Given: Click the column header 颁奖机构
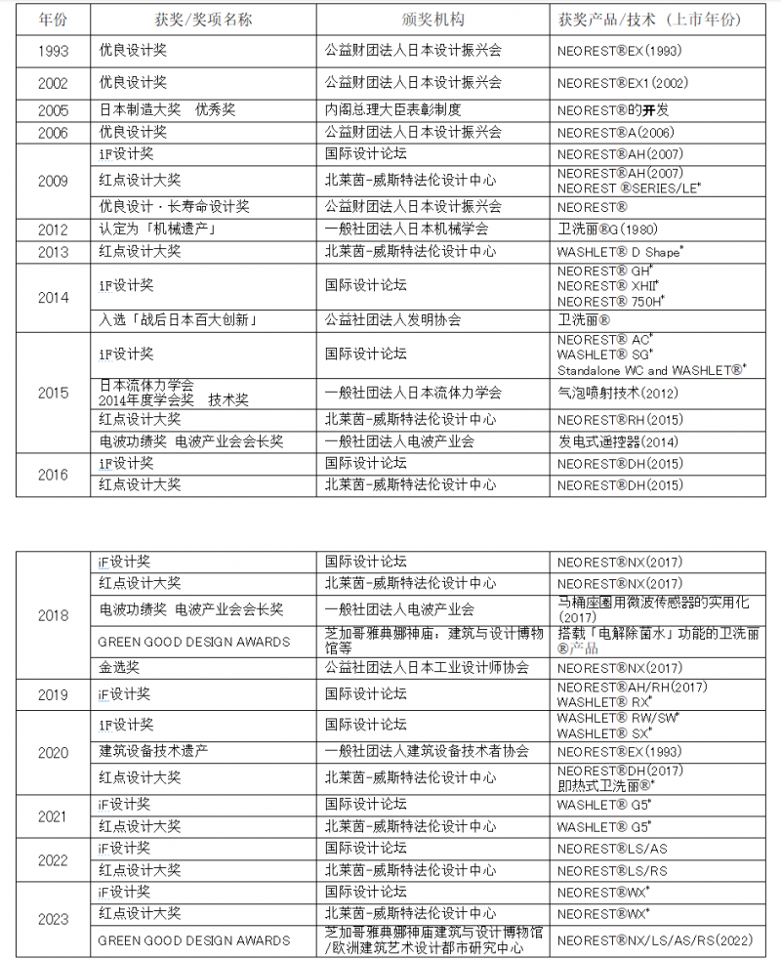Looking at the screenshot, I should point(432,20).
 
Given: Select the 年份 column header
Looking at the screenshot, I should point(53,20).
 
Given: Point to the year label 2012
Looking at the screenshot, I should point(53,230).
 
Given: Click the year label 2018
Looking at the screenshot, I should point(53,615).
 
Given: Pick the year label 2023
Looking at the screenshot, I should point(53,919).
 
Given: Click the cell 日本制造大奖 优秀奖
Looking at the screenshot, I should point(167,110).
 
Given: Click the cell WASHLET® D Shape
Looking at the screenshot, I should point(620,252).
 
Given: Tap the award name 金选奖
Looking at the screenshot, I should point(119,668).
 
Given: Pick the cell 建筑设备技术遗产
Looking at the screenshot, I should point(153,751).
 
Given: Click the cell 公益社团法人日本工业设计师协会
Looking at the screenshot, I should point(427,668).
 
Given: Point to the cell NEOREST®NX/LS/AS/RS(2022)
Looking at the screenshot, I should point(654,940).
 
